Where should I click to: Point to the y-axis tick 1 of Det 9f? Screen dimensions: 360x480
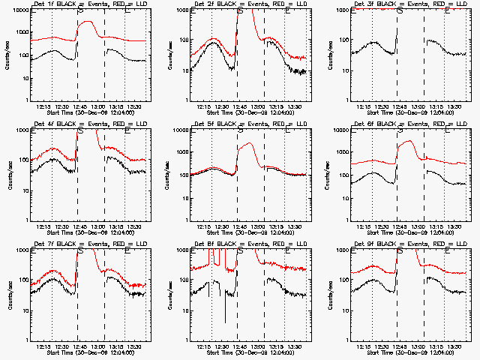pyautogui.click(x=349, y=340)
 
